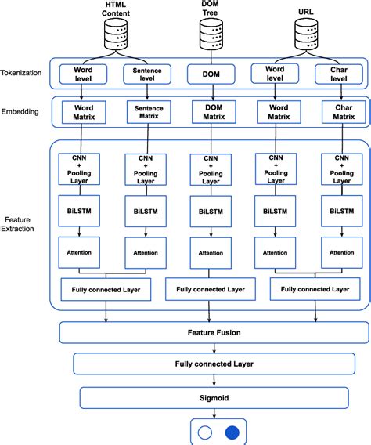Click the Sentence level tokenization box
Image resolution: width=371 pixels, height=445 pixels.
pos(148,74)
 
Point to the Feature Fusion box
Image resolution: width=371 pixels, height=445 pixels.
pos(214,332)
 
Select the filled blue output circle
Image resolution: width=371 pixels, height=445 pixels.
pos(232,432)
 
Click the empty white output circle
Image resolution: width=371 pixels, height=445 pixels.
pos(204,432)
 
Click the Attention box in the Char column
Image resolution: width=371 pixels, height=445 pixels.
pos(341,252)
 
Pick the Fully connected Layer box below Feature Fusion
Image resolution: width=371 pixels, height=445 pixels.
pos(214,364)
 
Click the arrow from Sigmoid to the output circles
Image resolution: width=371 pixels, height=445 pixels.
pos(214,413)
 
